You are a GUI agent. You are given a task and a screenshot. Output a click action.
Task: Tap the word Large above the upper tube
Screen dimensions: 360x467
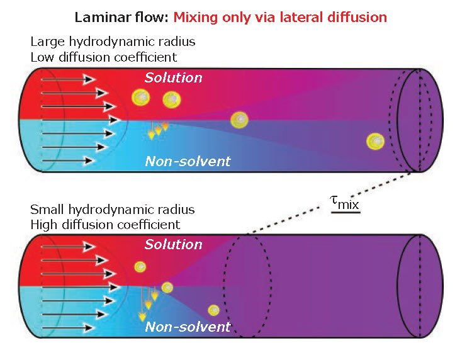[45, 43]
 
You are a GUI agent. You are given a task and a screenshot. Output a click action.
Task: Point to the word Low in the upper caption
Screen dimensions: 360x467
[42, 57]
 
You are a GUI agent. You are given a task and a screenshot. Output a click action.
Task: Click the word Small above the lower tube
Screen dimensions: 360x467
[46, 210]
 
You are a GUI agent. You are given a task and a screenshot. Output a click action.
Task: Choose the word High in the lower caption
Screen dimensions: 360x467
[43, 224]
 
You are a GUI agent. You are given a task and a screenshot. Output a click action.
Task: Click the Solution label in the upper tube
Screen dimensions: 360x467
[173, 78]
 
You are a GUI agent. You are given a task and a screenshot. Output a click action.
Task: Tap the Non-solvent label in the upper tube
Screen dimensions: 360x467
[188, 161]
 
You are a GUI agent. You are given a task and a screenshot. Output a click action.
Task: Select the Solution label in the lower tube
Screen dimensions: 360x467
[173, 244]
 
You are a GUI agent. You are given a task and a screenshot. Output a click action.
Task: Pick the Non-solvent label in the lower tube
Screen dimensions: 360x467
[188, 327]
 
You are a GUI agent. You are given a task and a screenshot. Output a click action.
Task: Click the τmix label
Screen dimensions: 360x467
[345, 202]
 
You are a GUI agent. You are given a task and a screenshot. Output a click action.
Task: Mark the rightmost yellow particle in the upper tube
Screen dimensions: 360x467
[376, 141]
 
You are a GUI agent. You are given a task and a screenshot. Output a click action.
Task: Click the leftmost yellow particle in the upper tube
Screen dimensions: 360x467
[141, 97]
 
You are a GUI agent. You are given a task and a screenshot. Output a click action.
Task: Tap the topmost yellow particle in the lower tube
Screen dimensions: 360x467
[140, 267]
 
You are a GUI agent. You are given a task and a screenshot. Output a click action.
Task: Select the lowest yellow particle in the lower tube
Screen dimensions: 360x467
[214, 310]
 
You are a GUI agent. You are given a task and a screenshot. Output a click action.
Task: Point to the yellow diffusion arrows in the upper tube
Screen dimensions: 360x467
[158, 130]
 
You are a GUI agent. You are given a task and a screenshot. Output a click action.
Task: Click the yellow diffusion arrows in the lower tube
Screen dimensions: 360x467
[149, 297]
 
